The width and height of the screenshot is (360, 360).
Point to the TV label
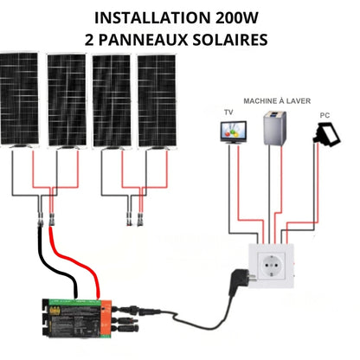click(x=228, y=112)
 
